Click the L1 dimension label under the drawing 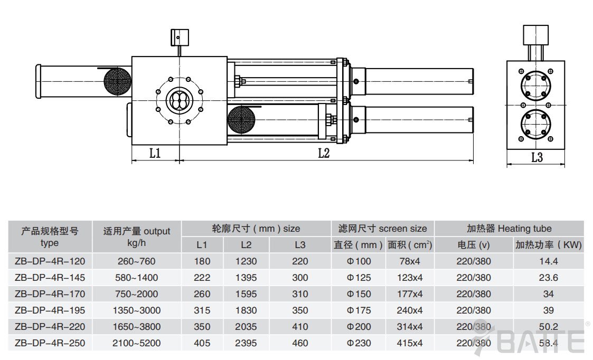point(155,154)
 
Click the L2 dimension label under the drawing point(324,154)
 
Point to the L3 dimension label point(536,157)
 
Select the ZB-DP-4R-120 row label point(50,261)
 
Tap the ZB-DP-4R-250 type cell point(50,343)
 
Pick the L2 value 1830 point(246,310)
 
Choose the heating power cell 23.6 point(549,277)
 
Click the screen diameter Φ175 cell point(359,310)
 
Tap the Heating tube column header point(509,229)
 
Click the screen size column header point(382,229)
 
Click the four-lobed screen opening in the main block point(180,101)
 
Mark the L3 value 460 point(300,343)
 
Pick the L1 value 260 point(202,294)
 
